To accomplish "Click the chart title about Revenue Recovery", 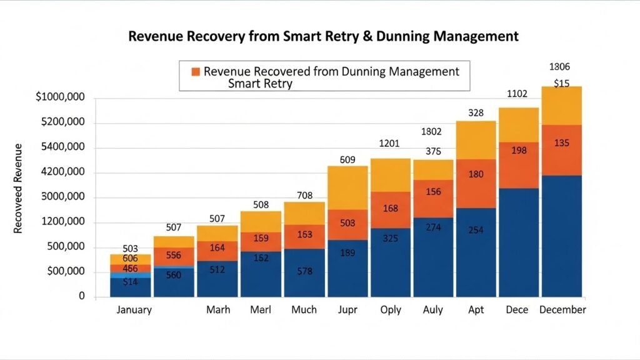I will click(x=323, y=36).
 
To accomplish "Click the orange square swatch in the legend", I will click(x=196, y=71).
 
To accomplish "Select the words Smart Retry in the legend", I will click(x=260, y=83).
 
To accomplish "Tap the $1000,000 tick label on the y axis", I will click(x=61, y=97).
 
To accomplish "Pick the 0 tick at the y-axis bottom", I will click(x=81, y=296).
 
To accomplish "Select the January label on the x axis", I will click(x=134, y=310).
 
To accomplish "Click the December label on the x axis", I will click(x=562, y=310).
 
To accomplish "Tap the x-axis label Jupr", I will click(x=347, y=310).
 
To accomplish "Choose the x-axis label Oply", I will click(x=391, y=310).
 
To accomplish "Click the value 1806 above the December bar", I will click(x=559, y=67).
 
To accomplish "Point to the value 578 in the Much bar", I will click(x=304, y=271).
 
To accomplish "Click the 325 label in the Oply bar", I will click(x=391, y=239).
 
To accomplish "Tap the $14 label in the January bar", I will click(x=130, y=282).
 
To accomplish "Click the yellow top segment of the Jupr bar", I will click(x=347, y=187).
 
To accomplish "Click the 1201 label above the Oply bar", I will click(x=389, y=144).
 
